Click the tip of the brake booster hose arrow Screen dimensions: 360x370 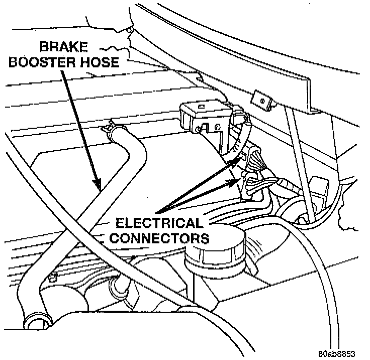(x=99, y=190)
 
